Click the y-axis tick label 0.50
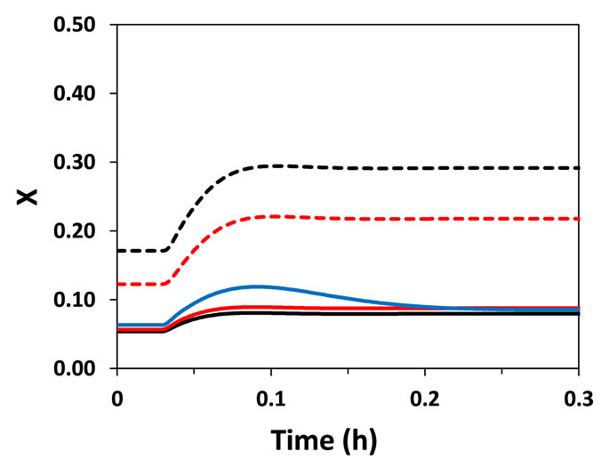83,24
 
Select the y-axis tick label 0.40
83,93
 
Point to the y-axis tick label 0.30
83,162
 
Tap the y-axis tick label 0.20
83,230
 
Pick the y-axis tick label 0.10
83,300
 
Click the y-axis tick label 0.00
83,368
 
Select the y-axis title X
29,196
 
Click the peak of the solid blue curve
257,286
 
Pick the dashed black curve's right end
578,168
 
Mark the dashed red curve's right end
578,218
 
